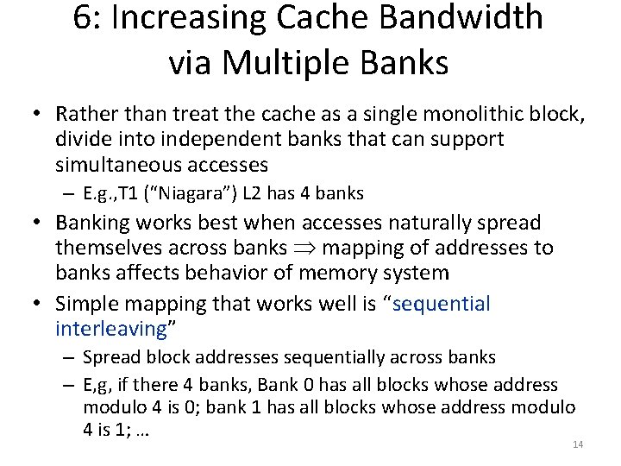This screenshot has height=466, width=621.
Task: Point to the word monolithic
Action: [x=434, y=114]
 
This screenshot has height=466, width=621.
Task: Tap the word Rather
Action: [x=82, y=114]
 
